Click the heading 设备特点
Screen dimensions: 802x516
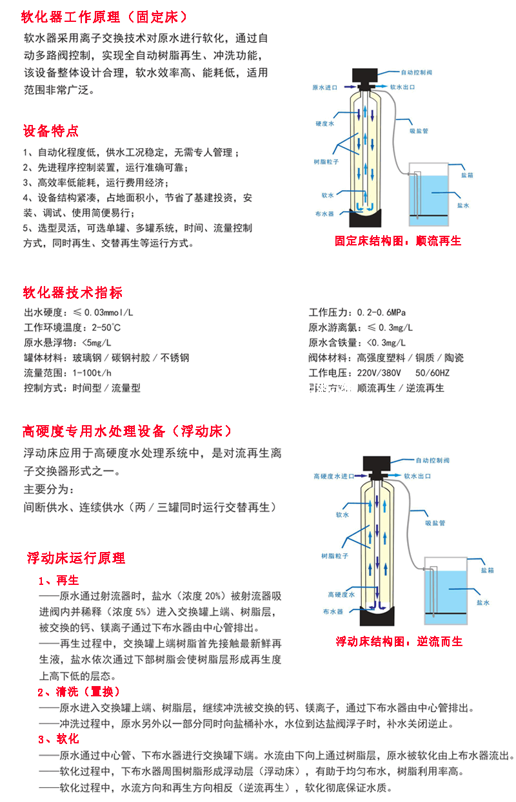tap(51, 131)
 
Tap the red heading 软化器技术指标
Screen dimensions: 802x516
tap(72, 293)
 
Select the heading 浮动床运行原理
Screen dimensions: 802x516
tap(76, 558)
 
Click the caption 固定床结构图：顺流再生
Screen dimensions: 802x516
tap(398, 241)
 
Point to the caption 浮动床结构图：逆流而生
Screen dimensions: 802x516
tap(399, 642)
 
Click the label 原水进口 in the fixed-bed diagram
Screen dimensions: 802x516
tap(324, 87)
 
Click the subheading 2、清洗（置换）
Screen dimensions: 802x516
tap(79, 692)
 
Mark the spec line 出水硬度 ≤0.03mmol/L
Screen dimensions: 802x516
tap(79, 312)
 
